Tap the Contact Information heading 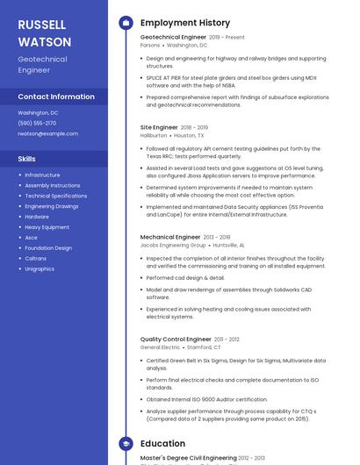pos(56,97)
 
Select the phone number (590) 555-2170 pos(37,123)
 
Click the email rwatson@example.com pos(48,133)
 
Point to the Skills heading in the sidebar pos(27,159)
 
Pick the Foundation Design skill pos(48,248)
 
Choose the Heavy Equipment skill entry pos(47,227)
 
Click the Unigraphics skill pos(40,268)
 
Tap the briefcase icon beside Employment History pos(126,23)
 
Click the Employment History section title pos(185,23)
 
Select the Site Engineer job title pos(159,127)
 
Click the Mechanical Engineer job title pos(170,237)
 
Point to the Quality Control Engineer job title pos(176,339)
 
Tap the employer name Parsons pos(150,45)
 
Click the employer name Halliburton pos(154,136)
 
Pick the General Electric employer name pos(160,347)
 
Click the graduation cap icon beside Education pos(126,444)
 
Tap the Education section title pos(162,444)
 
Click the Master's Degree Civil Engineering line pos(189,458)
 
